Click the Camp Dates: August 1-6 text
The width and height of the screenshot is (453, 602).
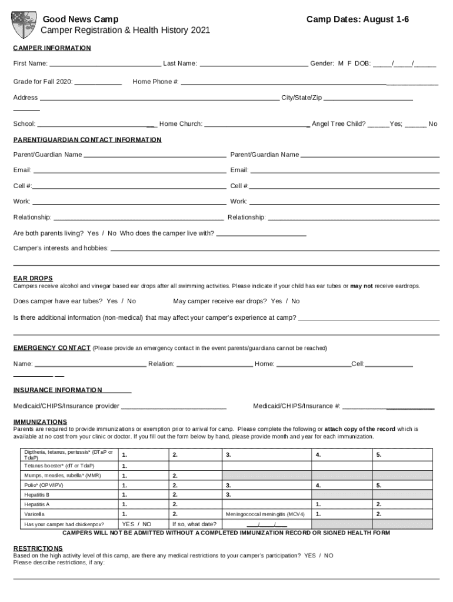358,20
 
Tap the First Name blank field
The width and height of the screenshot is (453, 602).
105,63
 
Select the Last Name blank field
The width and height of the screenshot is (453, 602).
254,63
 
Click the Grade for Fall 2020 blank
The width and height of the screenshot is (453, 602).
98,82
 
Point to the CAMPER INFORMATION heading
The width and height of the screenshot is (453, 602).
52,48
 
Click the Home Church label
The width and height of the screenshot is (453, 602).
181,124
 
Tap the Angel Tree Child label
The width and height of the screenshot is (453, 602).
338,124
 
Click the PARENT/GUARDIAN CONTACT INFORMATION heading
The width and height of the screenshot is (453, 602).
87,140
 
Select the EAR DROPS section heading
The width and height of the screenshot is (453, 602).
33,278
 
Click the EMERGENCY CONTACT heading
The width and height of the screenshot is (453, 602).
52,348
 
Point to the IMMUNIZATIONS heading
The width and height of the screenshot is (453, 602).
40,422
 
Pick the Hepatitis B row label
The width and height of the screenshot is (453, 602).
37,495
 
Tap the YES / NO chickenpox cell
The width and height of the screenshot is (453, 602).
136,524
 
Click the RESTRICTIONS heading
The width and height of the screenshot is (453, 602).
38,548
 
